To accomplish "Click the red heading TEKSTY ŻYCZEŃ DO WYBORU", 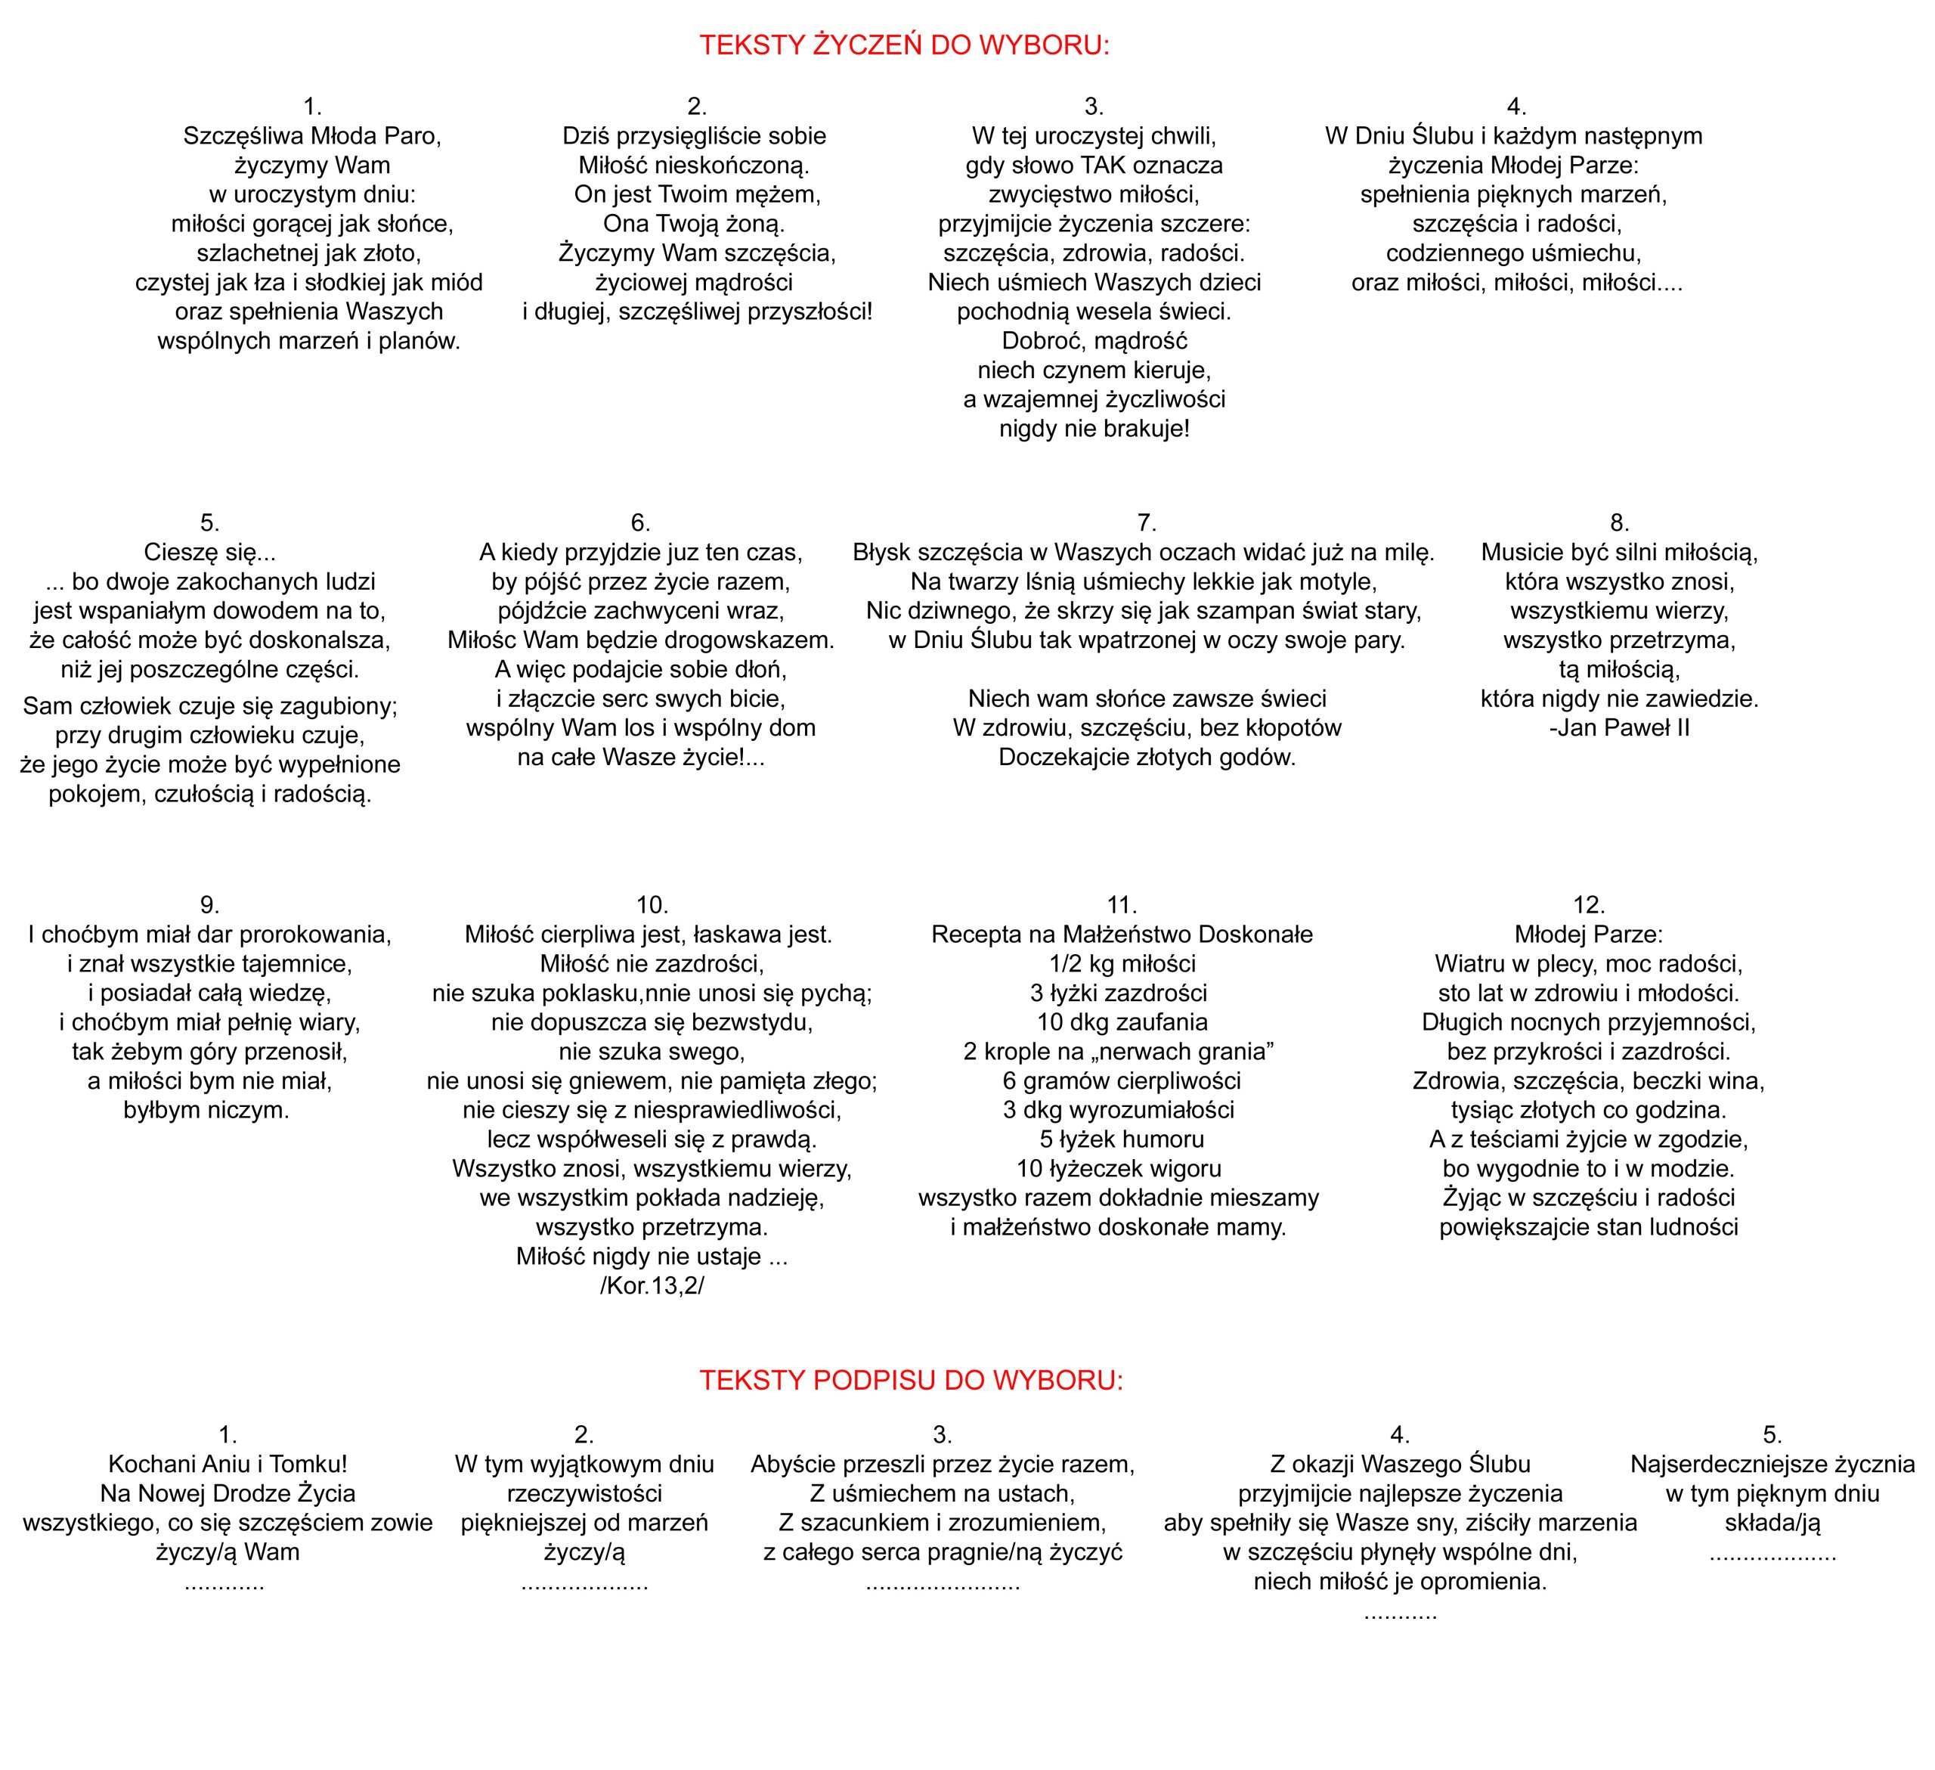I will click(x=903, y=45).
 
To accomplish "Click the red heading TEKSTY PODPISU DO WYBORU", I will click(x=910, y=1381).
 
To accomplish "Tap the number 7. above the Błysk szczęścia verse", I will click(x=1146, y=522).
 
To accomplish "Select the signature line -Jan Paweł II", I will click(x=1619, y=727).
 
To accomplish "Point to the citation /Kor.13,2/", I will click(x=652, y=1286).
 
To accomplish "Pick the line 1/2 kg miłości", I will click(x=1121, y=964).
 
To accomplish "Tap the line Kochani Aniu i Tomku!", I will click(x=228, y=1464).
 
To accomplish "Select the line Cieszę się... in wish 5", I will click(x=209, y=552).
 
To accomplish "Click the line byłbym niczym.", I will click(x=206, y=1111).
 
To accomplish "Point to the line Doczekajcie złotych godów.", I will click(x=1146, y=758).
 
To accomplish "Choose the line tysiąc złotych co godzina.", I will click(x=1589, y=1111).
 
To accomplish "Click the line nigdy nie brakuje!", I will click(x=1094, y=429).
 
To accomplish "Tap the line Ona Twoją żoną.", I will click(x=694, y=224).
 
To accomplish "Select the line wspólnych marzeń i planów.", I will click(x=309, y=341).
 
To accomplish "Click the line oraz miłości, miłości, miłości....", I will click(x=1516, y=284).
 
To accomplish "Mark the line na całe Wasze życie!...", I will click(x=640, y=758).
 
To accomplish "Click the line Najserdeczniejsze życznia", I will click(x=1772, y=1464).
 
